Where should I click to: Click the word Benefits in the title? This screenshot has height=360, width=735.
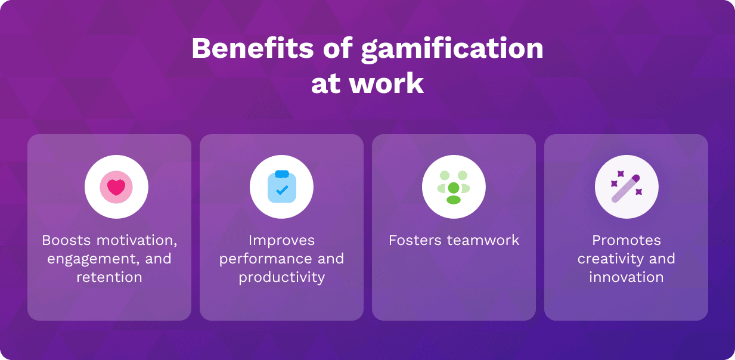click(253, 48)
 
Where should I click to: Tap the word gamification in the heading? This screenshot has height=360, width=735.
click(452, 50)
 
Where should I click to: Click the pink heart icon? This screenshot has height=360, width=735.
click(116, 187)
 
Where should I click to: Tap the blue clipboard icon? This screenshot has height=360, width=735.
click(282, 187)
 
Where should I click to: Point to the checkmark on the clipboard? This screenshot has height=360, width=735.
click(282, 190)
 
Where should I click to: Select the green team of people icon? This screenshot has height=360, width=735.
click(454, 187)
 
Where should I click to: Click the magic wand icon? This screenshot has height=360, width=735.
click(626, 188)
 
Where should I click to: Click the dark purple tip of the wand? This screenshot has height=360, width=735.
click(635, 179)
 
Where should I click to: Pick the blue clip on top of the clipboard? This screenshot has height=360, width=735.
click(282, 174)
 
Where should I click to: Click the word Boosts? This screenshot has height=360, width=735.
click(66, 240)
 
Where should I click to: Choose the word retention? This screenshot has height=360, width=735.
click(109, 277)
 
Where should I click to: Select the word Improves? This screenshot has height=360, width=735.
click(281, 241)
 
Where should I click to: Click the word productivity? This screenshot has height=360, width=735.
click(281, 278)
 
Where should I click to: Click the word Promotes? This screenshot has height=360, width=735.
click(626, 240)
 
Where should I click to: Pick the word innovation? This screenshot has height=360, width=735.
click(626, 277)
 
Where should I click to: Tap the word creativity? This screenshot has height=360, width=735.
click(610, 259)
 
